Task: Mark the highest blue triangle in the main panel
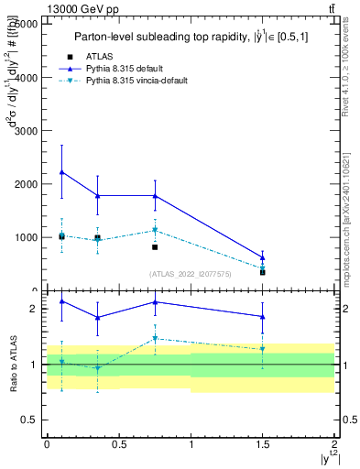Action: pyautogui.click(x=61, y=172)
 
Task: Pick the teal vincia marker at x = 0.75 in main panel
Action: pyautogui.click(x=155, y=230)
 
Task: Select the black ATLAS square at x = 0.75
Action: pyautogui.click(x=155, y=247)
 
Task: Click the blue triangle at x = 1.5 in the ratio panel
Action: pyautogui.click(x=263, y=317)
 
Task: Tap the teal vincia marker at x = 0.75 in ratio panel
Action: pyautogui.click(x=155, y=339)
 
